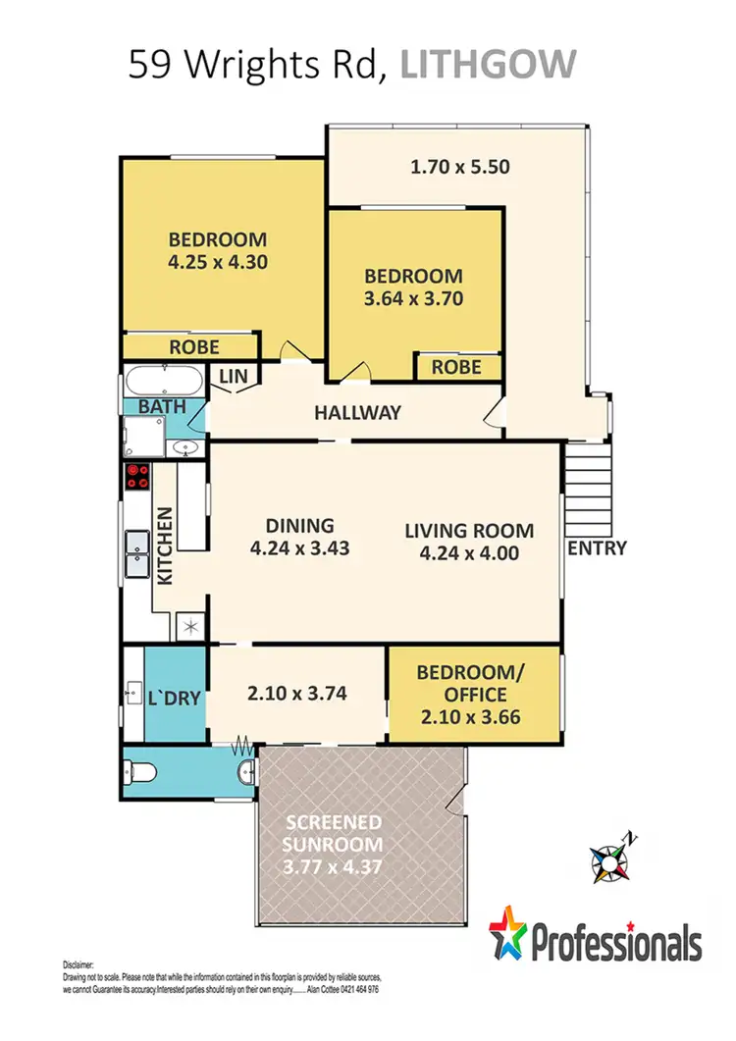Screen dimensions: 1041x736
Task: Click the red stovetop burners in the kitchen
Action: pyautogui.click(x=137, y=477)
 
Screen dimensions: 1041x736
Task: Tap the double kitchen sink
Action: pyautogui.click(x=136, y=552)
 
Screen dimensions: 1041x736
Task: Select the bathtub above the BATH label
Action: pyautogui.click(x=163, y=379)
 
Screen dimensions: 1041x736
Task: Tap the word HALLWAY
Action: pyautogui.click(x=357, y=413)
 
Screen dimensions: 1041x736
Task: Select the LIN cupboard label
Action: pyautogui.click(x=234, y=376)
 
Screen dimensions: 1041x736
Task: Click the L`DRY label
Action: pyautogui.click(x=175, y=698)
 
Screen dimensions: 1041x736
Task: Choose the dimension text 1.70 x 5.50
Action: pyautogui.click(x=459, y=167)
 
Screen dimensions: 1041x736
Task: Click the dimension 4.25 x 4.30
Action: pyautogui.click(x=218, y=262)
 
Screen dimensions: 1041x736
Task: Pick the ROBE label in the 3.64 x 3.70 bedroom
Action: pyautogui.click(x=456, y=367)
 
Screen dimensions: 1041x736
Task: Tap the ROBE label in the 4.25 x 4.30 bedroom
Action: pyautogui.click(x=194, y=347)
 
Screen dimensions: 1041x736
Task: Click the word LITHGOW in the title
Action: pyautogui.click(x=490, y=66)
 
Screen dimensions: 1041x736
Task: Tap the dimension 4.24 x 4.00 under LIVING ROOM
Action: pyautogui.click(x=469, y=552)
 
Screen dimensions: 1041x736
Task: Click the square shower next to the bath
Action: pyautogui.click(x=142, y=435)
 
